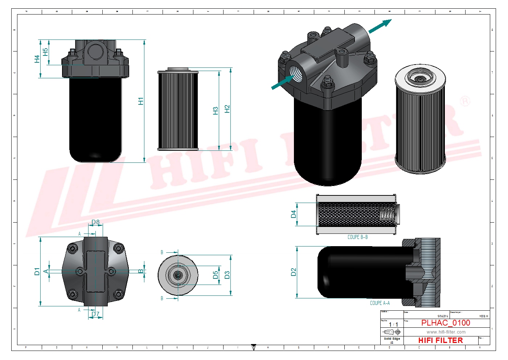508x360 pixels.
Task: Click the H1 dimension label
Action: pyautogui.click(x=141, y=101)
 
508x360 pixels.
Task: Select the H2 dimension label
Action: pyautogui.click(x=227, y=109)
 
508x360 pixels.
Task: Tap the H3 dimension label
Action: pyautogui.click(x=216, y=111)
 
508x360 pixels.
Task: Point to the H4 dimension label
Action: pyautogui.click(x=37, y=59)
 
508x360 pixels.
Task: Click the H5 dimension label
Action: pyautogui.click(x=45, y=52)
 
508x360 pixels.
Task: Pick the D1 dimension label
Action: pyautogui.click(x=37, y=271)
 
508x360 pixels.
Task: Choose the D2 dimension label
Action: pyautogui.click(x=294, y=272)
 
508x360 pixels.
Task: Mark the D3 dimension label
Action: pyautogui.click(x=227, y=275)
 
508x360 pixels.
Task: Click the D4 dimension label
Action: pyautogui.click(x=294, y=214)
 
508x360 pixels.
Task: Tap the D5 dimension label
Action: pyautogui.click(x=216, y=275)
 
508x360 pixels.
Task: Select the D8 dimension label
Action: pyautogui.click(x=95, y=222)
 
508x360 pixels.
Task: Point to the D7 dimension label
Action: pyautogui.click(x=95, y=314)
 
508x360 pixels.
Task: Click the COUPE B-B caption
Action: pyautogui.click(x=357, y=237)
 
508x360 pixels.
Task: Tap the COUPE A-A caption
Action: pyautogui.click(x=380, y=303)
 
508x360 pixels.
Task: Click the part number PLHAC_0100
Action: pyautogui.click(x=446, y=323)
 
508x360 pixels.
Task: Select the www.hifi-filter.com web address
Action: pyautogui.click(x=446, y=332)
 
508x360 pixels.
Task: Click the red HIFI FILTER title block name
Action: pyautogui.click(x=441, y=340)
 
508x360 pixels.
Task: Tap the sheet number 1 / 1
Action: pyautogui.click(x=393, y=324)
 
